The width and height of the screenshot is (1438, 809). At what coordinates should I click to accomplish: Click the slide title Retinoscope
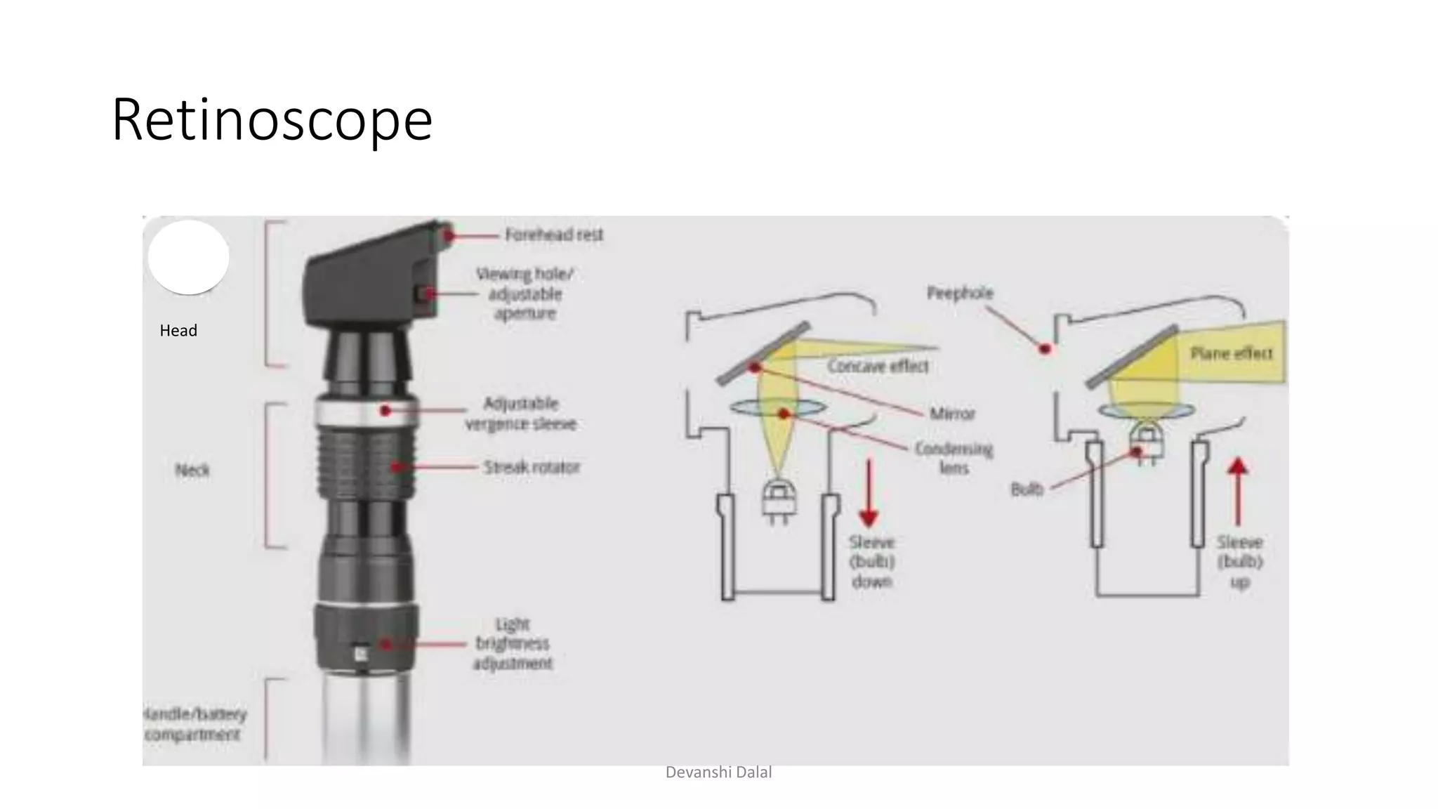coord(272,120)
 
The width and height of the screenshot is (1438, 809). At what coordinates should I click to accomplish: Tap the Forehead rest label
coord(554,235)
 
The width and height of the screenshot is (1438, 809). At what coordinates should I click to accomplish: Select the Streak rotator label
coord(532,467)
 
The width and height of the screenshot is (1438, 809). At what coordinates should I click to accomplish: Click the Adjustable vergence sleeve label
coord(520,414)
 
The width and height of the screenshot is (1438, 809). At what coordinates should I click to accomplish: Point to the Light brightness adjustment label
coord(513,644)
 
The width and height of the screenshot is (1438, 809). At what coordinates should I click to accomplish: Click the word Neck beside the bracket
coord(192,470)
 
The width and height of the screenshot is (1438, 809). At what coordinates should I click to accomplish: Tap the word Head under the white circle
coord(178,331)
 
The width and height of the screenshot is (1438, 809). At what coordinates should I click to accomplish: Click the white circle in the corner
coord(188,257)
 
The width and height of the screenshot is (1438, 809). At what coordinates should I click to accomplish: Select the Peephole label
coord(960,293)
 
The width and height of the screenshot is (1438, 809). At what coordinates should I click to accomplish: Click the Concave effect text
coord(878,366)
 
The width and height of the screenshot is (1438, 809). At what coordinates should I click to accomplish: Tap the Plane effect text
coord(1231,353)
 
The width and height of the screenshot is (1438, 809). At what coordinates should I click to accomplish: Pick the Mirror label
coord(952,414)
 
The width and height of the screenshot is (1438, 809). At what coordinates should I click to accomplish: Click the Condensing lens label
coord(953,458)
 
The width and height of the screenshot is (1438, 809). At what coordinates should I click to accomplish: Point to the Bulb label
coord(1027,489)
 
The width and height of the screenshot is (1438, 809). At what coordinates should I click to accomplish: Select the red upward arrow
coord(1238,491)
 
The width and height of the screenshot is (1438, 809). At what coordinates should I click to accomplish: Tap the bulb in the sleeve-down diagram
coord(778,499)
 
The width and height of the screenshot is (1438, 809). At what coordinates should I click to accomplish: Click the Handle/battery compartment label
coord(194,724)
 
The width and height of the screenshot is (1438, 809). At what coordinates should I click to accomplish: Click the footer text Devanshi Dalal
coord(718,772)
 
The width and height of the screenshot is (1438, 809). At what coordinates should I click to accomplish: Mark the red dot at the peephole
coord(1045,348)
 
